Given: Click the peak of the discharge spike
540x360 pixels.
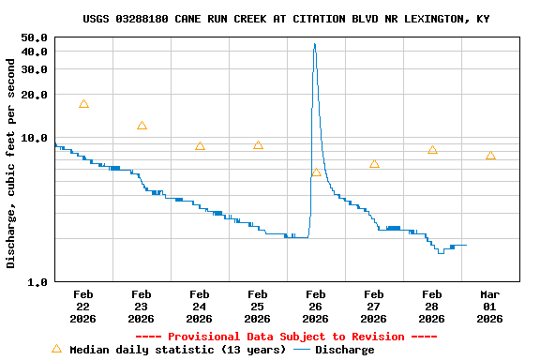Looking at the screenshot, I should coord(314,44).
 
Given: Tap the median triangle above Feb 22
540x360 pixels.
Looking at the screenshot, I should coord(84,104).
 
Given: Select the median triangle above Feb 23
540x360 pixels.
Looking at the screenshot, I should coord(142,126).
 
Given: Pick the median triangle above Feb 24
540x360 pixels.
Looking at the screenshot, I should coord(200,146).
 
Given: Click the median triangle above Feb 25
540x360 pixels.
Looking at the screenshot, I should coord(258,145).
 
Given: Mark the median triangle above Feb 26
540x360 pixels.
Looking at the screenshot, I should coord(316,172).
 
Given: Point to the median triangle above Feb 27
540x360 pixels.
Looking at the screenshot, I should coord(374,164).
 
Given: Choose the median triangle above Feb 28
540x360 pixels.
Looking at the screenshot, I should coord(432,150).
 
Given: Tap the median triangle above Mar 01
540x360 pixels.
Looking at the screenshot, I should coord(490,156).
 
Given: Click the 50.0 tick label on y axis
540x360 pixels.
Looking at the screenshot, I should coord(34,37).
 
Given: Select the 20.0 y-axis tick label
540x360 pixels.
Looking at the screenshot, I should coord(34,95).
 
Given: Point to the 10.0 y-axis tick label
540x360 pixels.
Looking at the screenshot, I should coord(34,138).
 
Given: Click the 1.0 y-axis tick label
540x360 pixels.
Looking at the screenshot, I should coord(37,282).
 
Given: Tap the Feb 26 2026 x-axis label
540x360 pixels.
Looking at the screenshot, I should coord(315,307).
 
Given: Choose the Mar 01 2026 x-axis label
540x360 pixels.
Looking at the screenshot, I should coord(489,307).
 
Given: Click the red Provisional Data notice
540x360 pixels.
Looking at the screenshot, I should coord(286,337).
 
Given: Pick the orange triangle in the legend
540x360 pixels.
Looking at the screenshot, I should coord(56,349).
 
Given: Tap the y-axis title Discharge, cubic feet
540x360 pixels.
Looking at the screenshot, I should coord(11,164).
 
